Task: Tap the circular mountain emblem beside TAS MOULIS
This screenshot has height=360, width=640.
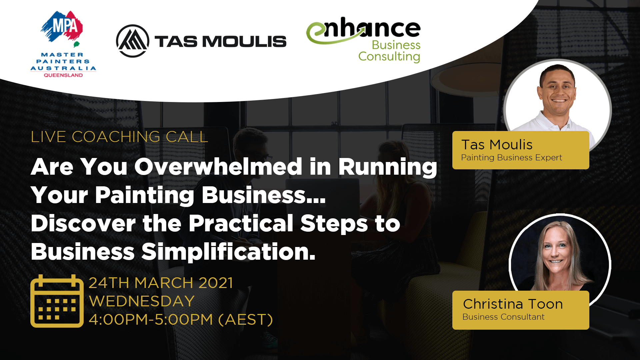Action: click(x=133, y=41)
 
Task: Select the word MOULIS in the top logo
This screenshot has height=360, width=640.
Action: click(x=244, y=42)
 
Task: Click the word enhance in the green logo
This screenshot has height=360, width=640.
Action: click(x=363, y=30)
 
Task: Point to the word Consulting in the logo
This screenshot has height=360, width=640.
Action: click(x=389, y=57)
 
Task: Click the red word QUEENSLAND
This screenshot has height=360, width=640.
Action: click(x=63, y=75)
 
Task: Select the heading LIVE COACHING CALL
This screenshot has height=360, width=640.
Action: click(x=119, y=137)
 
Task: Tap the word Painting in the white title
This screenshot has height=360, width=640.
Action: click(x=145, y=195)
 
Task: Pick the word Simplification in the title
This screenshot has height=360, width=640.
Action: click(x=228, y=252)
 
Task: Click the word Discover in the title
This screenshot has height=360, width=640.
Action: click(x=83, y=223)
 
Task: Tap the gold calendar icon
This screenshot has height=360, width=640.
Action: click(x=57, y=301)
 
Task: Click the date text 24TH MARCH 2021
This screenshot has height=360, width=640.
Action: click(x=161, y=283)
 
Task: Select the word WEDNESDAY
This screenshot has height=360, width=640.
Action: click(x=142, y=301)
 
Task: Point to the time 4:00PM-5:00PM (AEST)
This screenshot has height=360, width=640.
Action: click(x=181, y=320)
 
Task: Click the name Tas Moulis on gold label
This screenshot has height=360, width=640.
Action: click(x=497, y=145)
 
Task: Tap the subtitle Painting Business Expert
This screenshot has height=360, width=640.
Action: click(x=512, y=158)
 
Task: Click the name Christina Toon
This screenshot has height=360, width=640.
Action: click(x=513, y=304)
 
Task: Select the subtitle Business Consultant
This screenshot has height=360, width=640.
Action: click(x=503, y=317)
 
